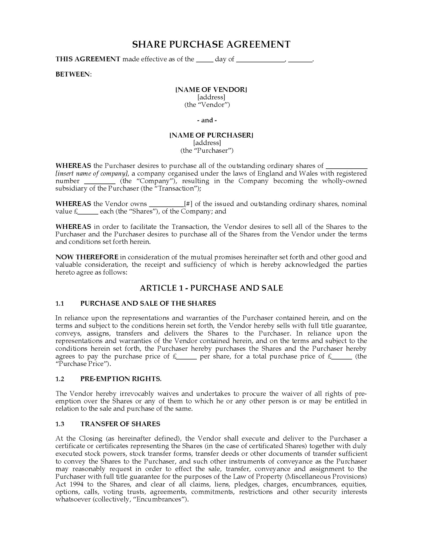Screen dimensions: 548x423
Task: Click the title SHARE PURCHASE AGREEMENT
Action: point(211,44)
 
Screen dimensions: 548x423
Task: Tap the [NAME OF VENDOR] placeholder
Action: point(211,90)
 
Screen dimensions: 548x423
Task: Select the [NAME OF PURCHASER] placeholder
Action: point(211,135)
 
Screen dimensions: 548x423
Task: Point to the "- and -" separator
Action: point(207,120)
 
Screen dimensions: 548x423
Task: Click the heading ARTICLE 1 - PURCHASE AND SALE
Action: point(211,288)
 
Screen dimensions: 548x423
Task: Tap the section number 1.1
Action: point(60,303)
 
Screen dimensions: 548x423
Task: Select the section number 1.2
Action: point(60,379)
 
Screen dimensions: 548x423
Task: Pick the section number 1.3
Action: point(60,424)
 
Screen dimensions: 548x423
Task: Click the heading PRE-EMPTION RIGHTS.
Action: point(121,379)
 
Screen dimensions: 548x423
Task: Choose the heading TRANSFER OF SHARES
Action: point(120,424)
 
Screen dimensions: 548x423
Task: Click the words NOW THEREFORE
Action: point(87,257)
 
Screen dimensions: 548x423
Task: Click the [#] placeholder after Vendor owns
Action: point(188,204)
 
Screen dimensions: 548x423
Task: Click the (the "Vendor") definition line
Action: point(207,105)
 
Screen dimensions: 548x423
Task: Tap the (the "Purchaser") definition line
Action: point(207,150)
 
